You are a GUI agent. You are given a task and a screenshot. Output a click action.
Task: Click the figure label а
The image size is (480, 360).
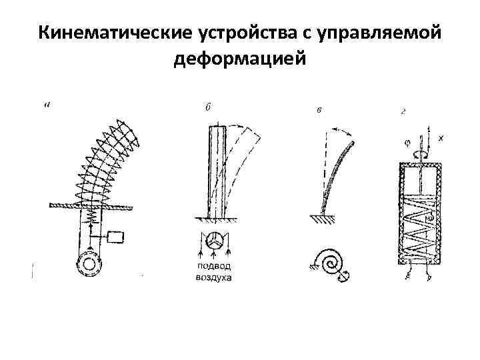click(x=46, y=103)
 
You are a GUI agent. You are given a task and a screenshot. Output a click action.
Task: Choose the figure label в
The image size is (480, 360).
click(x=320, y=110)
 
